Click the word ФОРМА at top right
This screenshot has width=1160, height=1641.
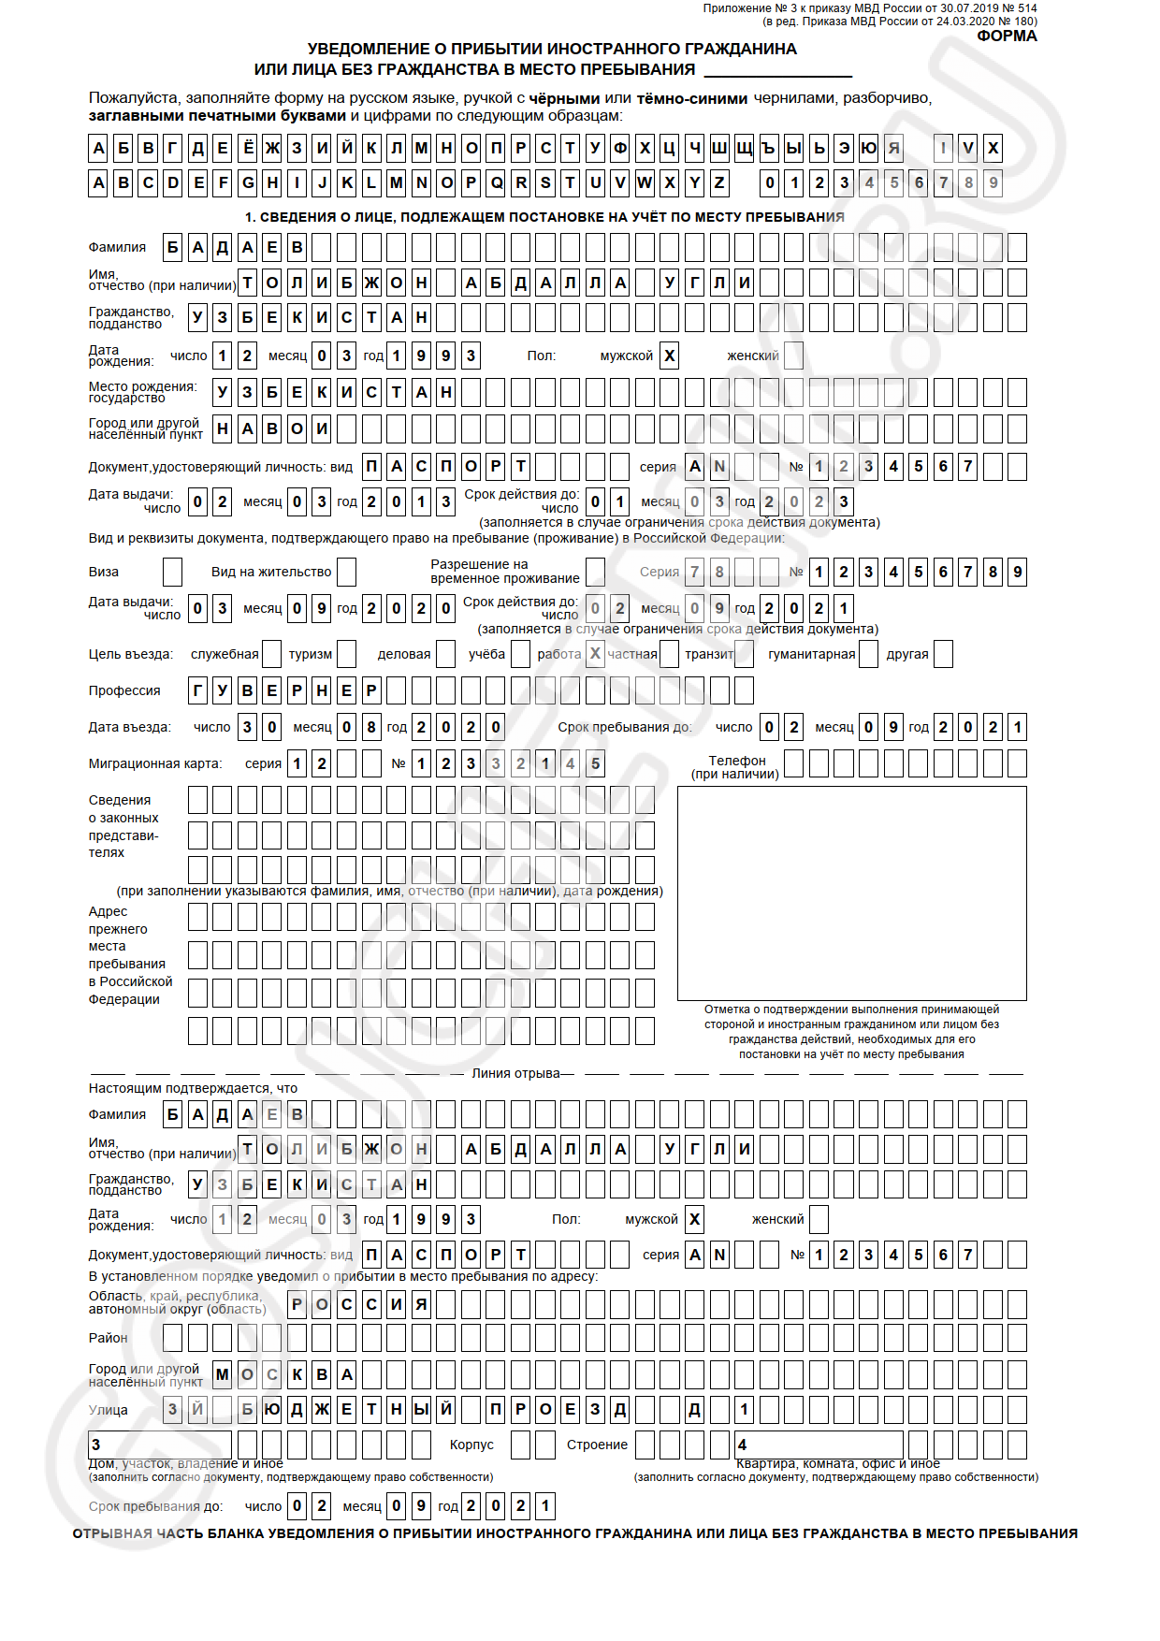[1007, 36]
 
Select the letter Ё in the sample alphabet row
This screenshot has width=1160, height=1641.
[248, 148]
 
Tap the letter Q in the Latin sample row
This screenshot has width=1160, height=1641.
[496, 182]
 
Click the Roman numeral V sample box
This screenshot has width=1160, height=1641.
[968, 148]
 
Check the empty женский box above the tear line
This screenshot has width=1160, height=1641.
[793, 356]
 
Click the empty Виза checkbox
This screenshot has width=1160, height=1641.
[172, 572]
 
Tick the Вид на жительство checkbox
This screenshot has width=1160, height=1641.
[346, 572]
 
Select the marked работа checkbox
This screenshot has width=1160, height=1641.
[595, 654]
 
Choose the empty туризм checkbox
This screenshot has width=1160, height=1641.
[346, 654]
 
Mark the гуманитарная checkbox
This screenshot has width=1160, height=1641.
[868, 654]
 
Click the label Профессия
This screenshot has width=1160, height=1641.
[124, 690]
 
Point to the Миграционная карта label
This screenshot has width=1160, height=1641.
[155, 763]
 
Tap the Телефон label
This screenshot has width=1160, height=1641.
[736, 761]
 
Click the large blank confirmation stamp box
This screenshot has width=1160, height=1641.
[851, 893]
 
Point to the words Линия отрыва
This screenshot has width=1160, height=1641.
[516, 1073]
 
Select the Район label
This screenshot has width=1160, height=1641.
[108, 1338]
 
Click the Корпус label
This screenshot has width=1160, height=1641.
[471, 1445]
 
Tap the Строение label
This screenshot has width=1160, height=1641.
[597, 1445]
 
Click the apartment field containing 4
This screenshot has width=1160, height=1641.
[819, 1445]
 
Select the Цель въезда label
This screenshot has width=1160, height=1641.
[131, 654]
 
